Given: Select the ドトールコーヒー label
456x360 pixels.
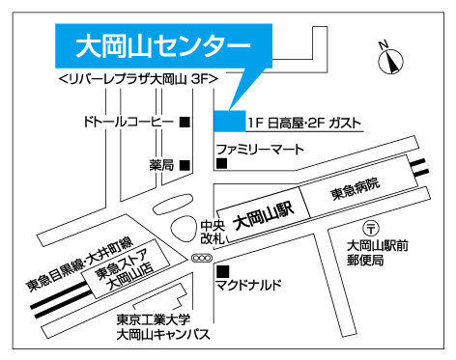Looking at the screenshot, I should [127, 122].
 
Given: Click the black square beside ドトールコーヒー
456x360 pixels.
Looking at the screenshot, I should [185, 122].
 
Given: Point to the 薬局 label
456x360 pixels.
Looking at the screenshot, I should [161, 164].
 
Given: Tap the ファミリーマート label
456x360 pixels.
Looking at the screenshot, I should [259, 151].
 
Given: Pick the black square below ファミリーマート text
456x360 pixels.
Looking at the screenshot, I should [221, 165].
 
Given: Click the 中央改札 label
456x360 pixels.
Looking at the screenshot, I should [213, 232].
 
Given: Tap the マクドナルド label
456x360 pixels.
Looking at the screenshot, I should [249, 286].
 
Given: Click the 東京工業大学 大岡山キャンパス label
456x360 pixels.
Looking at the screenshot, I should [160, 328].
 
